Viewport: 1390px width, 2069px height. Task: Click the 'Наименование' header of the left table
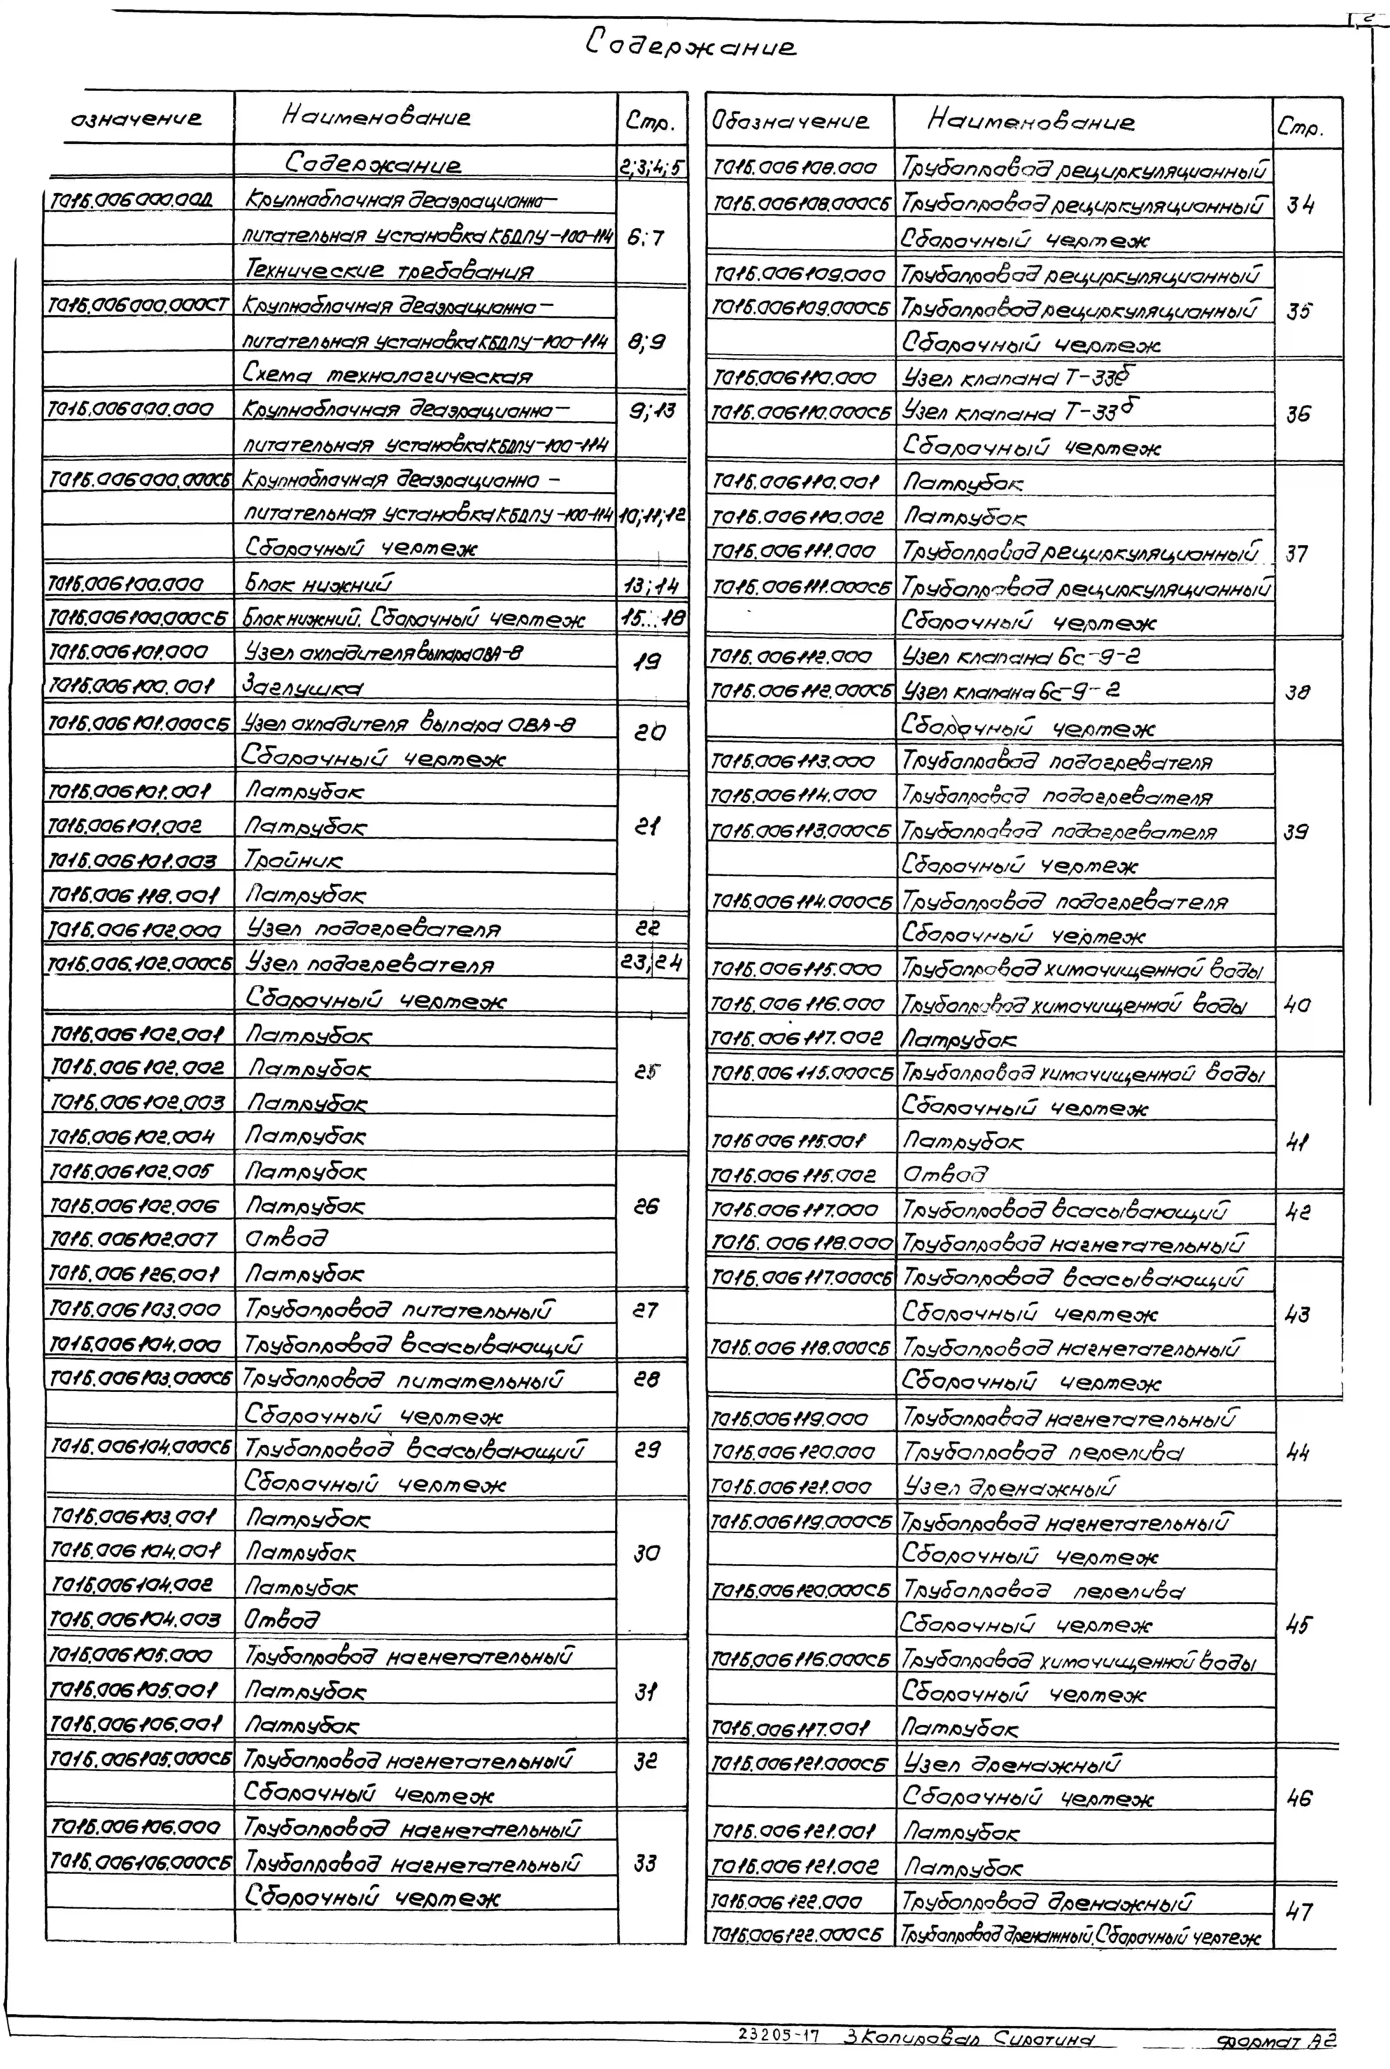coord(377,117)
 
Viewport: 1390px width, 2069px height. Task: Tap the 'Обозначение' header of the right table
coord(789,121)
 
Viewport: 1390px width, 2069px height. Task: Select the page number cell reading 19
coord(647,661)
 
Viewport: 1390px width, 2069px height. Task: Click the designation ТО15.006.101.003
coord(133,860)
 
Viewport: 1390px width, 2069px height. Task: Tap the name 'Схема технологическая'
coord(387,375)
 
